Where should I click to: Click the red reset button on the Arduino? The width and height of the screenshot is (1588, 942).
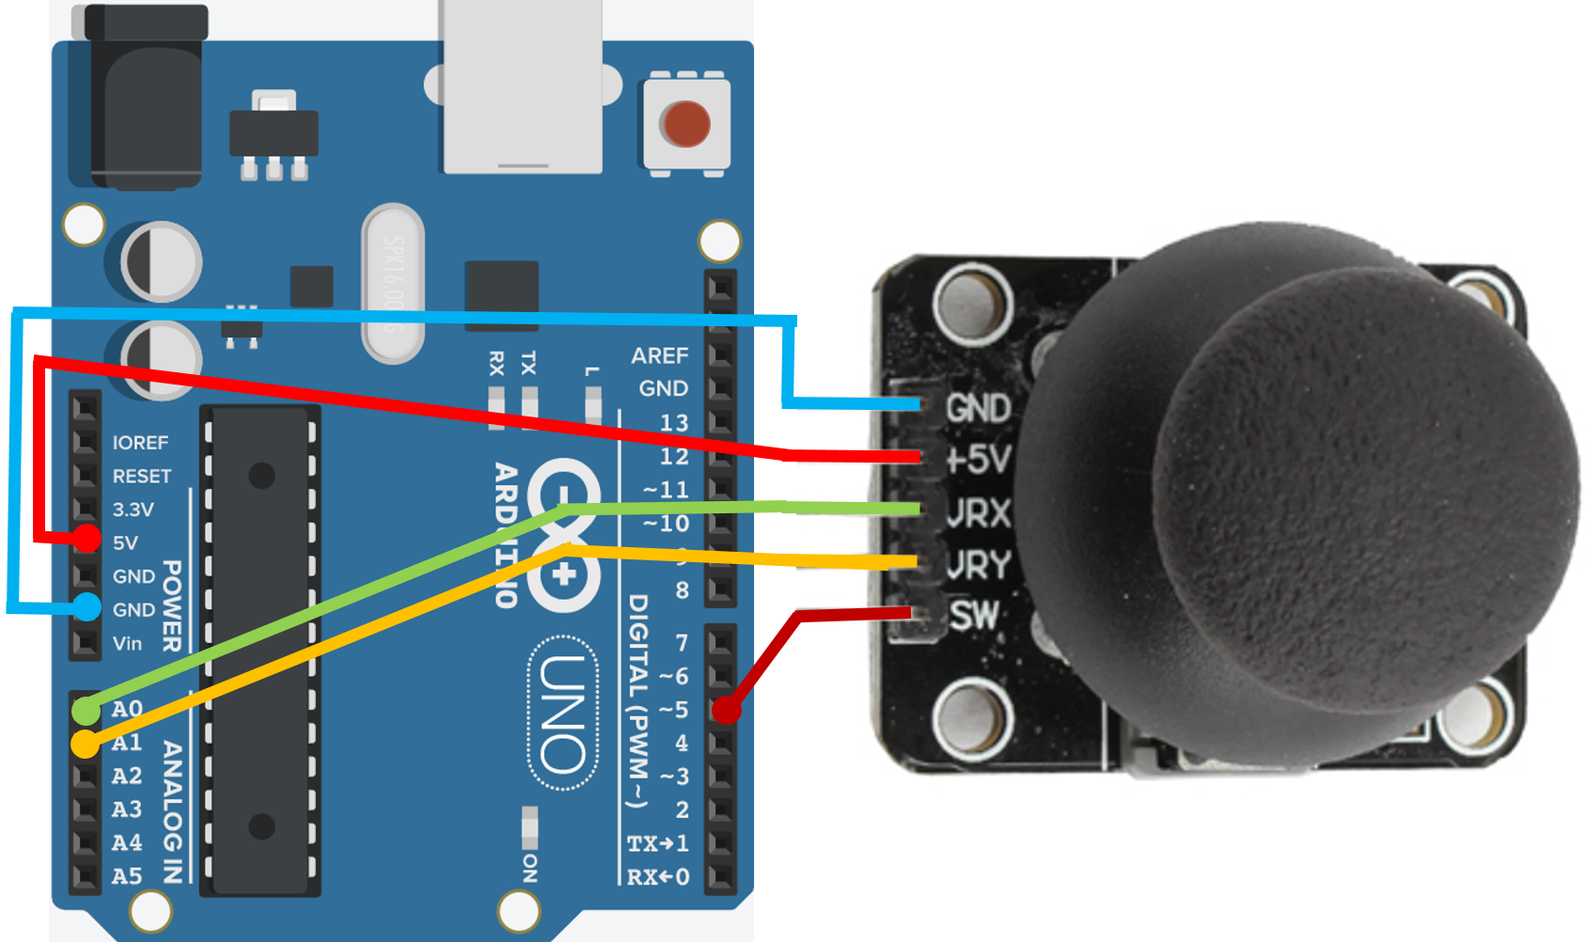pos(684,123)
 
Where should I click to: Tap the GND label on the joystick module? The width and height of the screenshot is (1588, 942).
pos(978,408)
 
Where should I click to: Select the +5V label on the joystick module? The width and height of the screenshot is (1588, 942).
pos(978,459)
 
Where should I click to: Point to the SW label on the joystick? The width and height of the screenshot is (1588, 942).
pos(973,616)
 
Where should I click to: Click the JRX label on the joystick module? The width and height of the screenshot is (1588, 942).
pos(978,512)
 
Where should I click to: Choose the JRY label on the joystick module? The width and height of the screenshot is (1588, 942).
pos(978,564)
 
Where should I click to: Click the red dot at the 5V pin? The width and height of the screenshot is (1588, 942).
pos(87,539)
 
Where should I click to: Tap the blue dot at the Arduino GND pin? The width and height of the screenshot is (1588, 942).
pos(86,607)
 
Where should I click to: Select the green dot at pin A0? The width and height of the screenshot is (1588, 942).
pos(86,710)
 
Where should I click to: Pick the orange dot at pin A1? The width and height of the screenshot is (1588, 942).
pos(85,745)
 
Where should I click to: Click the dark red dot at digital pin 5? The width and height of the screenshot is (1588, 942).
pos(726,710)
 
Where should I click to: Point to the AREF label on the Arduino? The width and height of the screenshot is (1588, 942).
pos(659,355)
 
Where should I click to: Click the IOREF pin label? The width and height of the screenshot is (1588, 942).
pos(140,442)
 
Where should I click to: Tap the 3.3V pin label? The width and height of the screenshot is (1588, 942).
pos(133,510)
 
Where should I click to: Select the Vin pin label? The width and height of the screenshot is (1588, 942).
pos(127,644)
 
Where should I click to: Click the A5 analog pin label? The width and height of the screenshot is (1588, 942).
pos(127,876)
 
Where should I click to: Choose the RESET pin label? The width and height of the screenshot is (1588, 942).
pos(142,476)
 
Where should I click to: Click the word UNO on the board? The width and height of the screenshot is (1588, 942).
pos(563,714)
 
